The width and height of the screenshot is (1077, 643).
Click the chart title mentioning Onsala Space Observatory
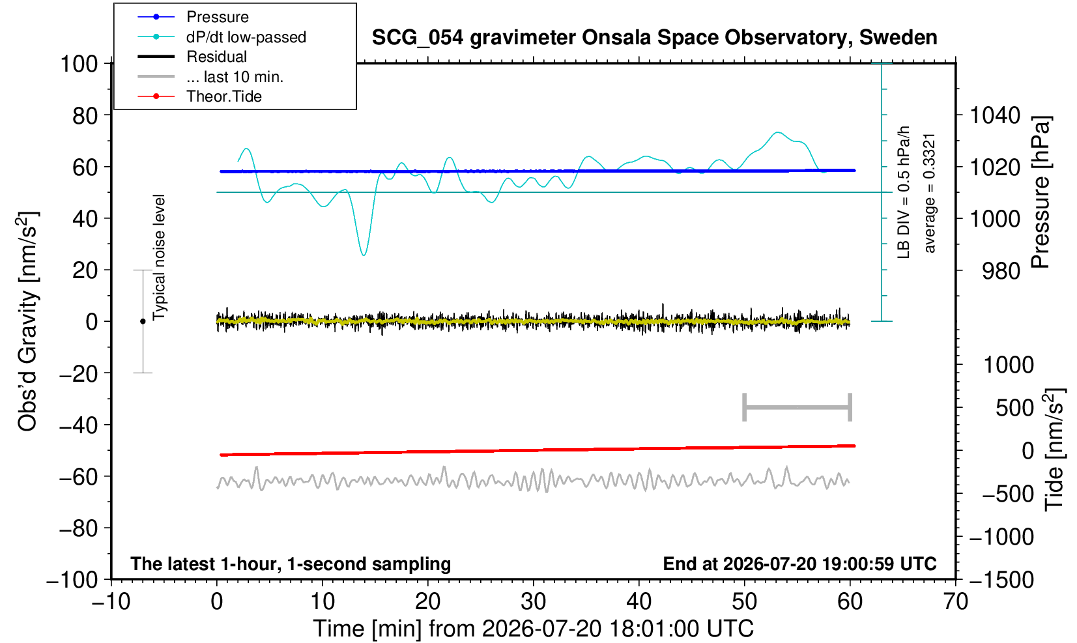click(654, 38)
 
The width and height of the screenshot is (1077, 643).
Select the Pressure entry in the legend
click(218, 17)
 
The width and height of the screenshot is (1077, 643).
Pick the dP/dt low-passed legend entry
click(246, 37)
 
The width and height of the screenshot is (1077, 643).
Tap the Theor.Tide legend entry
click(224, 96)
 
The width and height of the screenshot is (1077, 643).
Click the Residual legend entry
click(216, 57)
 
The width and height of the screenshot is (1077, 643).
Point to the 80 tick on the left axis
click(85, 115)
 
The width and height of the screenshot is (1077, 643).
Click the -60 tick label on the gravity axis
click(78, 477)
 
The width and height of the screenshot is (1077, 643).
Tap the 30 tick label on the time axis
click(533, 601)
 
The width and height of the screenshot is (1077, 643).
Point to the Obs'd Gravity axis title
click(27, 321)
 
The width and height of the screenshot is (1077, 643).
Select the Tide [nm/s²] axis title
click(1054, 450)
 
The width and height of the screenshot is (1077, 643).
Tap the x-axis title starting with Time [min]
click(533, 629)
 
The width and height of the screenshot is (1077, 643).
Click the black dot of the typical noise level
click(143, 321)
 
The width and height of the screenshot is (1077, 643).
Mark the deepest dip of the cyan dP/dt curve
click(364, 255)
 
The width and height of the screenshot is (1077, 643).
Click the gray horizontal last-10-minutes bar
click(797, 407)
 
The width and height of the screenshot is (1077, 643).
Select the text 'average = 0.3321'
click(930, 193)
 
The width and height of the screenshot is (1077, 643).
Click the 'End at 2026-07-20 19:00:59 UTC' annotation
click(799, 564)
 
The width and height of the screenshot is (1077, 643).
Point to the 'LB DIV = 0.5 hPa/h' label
click(904, 192)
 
